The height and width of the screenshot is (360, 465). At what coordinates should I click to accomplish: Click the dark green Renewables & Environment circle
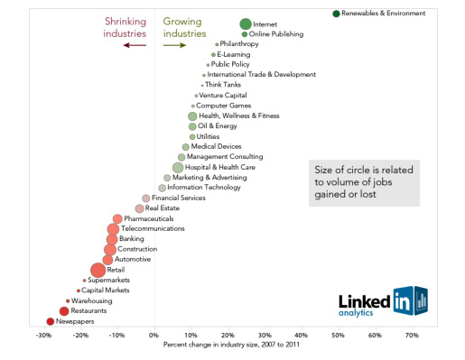[336, 14]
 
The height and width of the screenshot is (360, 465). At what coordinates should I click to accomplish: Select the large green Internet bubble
[246, 24]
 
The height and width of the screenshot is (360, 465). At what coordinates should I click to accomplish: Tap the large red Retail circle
[98, 270]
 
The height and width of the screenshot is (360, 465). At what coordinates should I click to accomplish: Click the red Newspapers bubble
[51, 321]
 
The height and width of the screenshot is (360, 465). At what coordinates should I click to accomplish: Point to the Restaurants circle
[64, 310]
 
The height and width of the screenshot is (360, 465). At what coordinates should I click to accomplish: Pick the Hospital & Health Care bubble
[178, 167]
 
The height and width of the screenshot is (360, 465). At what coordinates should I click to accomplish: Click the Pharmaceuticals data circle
[117, 218]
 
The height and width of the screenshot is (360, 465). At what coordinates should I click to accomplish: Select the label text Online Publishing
[276, 34]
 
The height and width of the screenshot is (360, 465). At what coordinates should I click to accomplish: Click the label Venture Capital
[223, 95]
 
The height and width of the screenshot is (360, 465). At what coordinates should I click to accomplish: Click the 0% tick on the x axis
[154, 335]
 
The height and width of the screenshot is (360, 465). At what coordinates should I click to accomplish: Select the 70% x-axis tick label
[412, 335]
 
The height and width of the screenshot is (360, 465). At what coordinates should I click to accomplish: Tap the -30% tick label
[43, 335]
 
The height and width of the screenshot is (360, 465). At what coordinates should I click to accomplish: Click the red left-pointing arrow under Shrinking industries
[135, 44]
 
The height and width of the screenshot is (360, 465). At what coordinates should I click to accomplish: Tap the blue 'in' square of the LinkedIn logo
[403, 300]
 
